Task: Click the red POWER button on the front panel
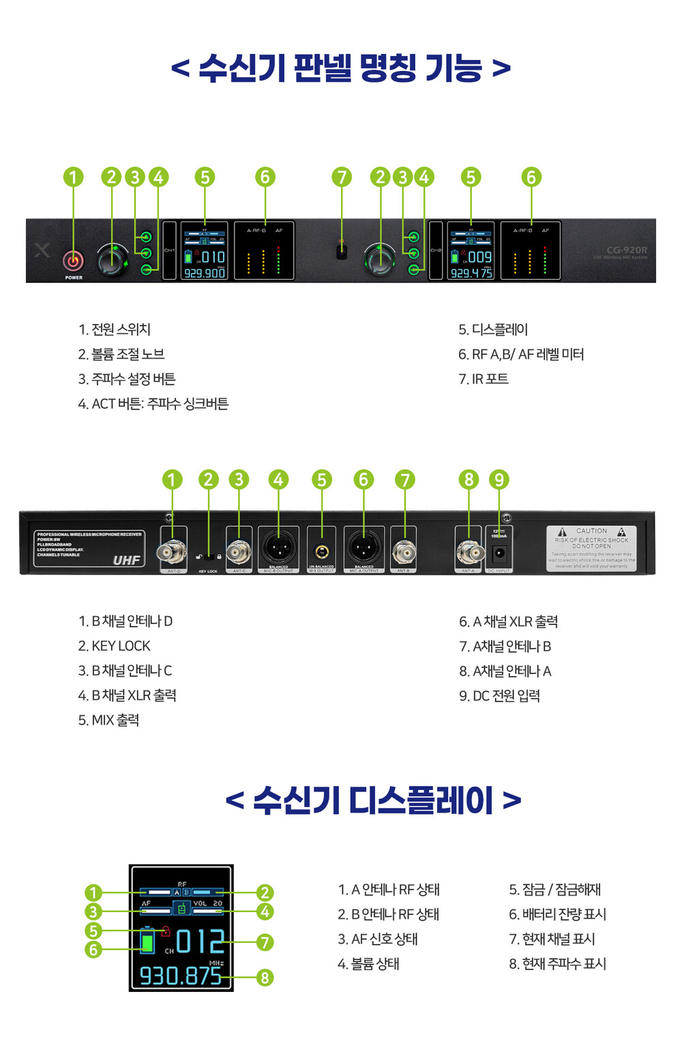[73, 261]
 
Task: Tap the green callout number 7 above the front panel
[342, 177]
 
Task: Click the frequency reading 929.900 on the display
[205, 273]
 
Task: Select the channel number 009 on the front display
[480, 257]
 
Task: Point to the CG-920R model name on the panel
[627, 250]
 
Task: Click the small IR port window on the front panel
[342, 250]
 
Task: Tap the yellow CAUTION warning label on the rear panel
[591, 548]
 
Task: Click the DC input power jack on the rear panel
[499, 553]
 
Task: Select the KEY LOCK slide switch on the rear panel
[208, 557]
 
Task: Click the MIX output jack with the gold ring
[321, 551]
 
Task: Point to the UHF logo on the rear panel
[126, 560]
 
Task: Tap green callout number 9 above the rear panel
[499, 480]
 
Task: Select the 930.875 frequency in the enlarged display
[181, 976]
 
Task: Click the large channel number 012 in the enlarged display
[200, 941]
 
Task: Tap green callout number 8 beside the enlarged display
[265, 978]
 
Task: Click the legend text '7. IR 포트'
[484, 379]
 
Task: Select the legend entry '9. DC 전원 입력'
[499, 696]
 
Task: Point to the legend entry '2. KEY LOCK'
[114, 646]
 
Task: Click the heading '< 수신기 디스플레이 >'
[373, 800]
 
